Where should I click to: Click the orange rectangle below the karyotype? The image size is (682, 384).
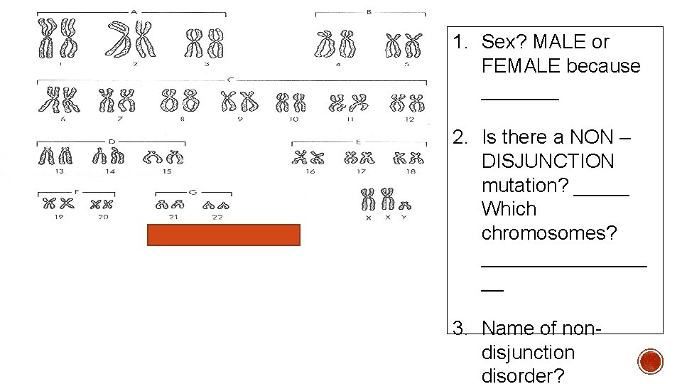point(223,235)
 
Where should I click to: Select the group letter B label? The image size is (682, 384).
point(369,11)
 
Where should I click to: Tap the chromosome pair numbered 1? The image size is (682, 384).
point(59,39)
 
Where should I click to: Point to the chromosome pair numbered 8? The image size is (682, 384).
point(179,101)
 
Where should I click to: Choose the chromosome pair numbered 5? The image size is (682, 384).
point(403,46)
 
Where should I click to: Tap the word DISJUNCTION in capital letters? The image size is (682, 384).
point(547,161)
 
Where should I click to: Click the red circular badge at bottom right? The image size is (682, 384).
point(649,361)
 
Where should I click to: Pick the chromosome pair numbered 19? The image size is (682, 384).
point(58,204)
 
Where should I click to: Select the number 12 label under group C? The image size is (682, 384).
point(410,119)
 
